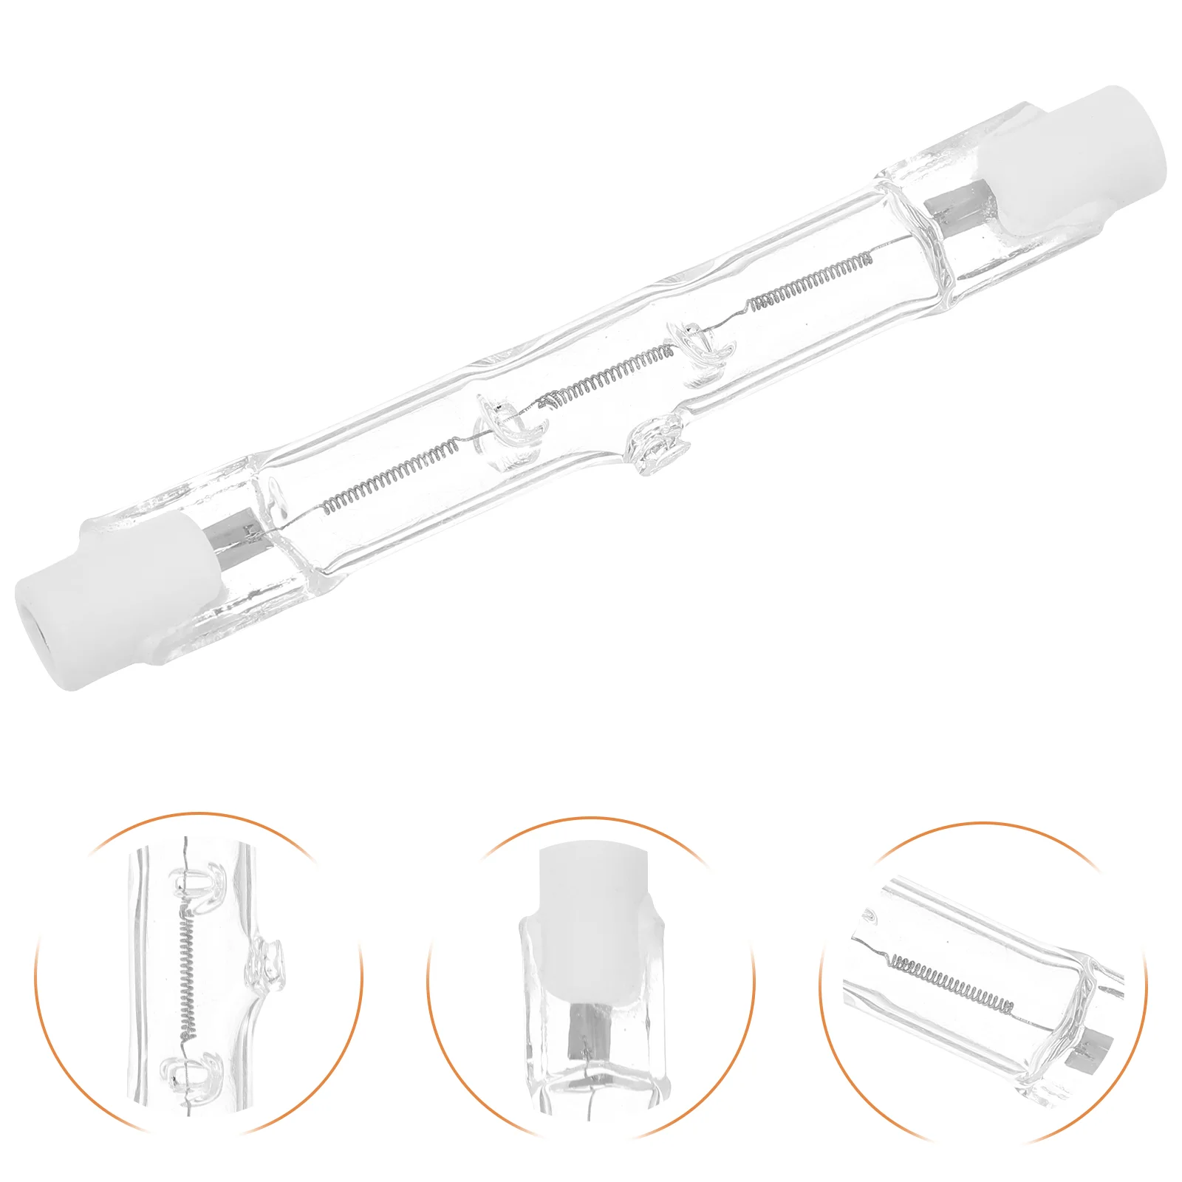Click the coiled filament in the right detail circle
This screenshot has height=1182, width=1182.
[953, 983]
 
